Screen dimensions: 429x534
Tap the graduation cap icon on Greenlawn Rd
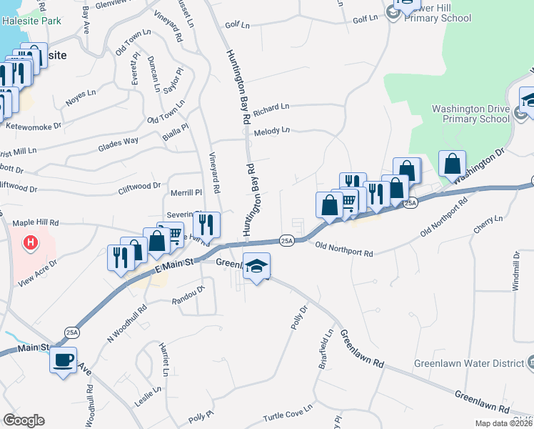[257, 267]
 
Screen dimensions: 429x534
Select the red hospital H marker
[30, 243]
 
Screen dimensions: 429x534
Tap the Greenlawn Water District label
[469, 363]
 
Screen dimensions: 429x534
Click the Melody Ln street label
[272, 131]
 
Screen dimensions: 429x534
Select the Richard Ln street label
[271, 108]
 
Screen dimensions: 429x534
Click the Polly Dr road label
[298, 317]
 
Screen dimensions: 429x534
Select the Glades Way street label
[119, 141]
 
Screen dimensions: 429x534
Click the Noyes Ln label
[81, 94]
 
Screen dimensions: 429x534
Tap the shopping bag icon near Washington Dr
[453, 164]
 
